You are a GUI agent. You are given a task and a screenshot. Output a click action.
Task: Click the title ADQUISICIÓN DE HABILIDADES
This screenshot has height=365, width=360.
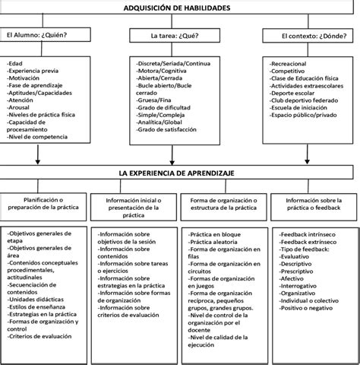point(179,8)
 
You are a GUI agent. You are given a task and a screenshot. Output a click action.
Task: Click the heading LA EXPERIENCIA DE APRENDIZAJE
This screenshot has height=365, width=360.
point(179,173)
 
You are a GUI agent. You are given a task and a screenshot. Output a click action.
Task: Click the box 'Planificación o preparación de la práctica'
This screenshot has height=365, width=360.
point(44,204)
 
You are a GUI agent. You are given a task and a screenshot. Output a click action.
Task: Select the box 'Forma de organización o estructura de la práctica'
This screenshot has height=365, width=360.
point(224,204)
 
